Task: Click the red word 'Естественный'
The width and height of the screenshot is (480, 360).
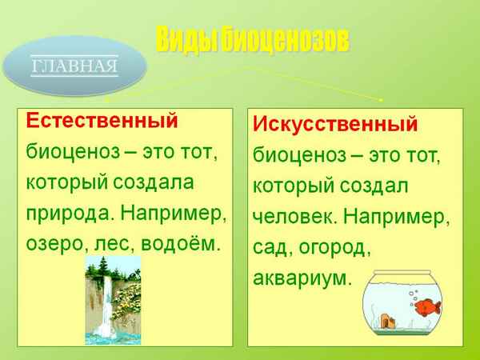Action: point(101,121)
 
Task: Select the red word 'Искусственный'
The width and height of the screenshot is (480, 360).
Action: point(335,125)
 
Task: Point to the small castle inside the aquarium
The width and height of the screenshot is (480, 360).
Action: point(389,320)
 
